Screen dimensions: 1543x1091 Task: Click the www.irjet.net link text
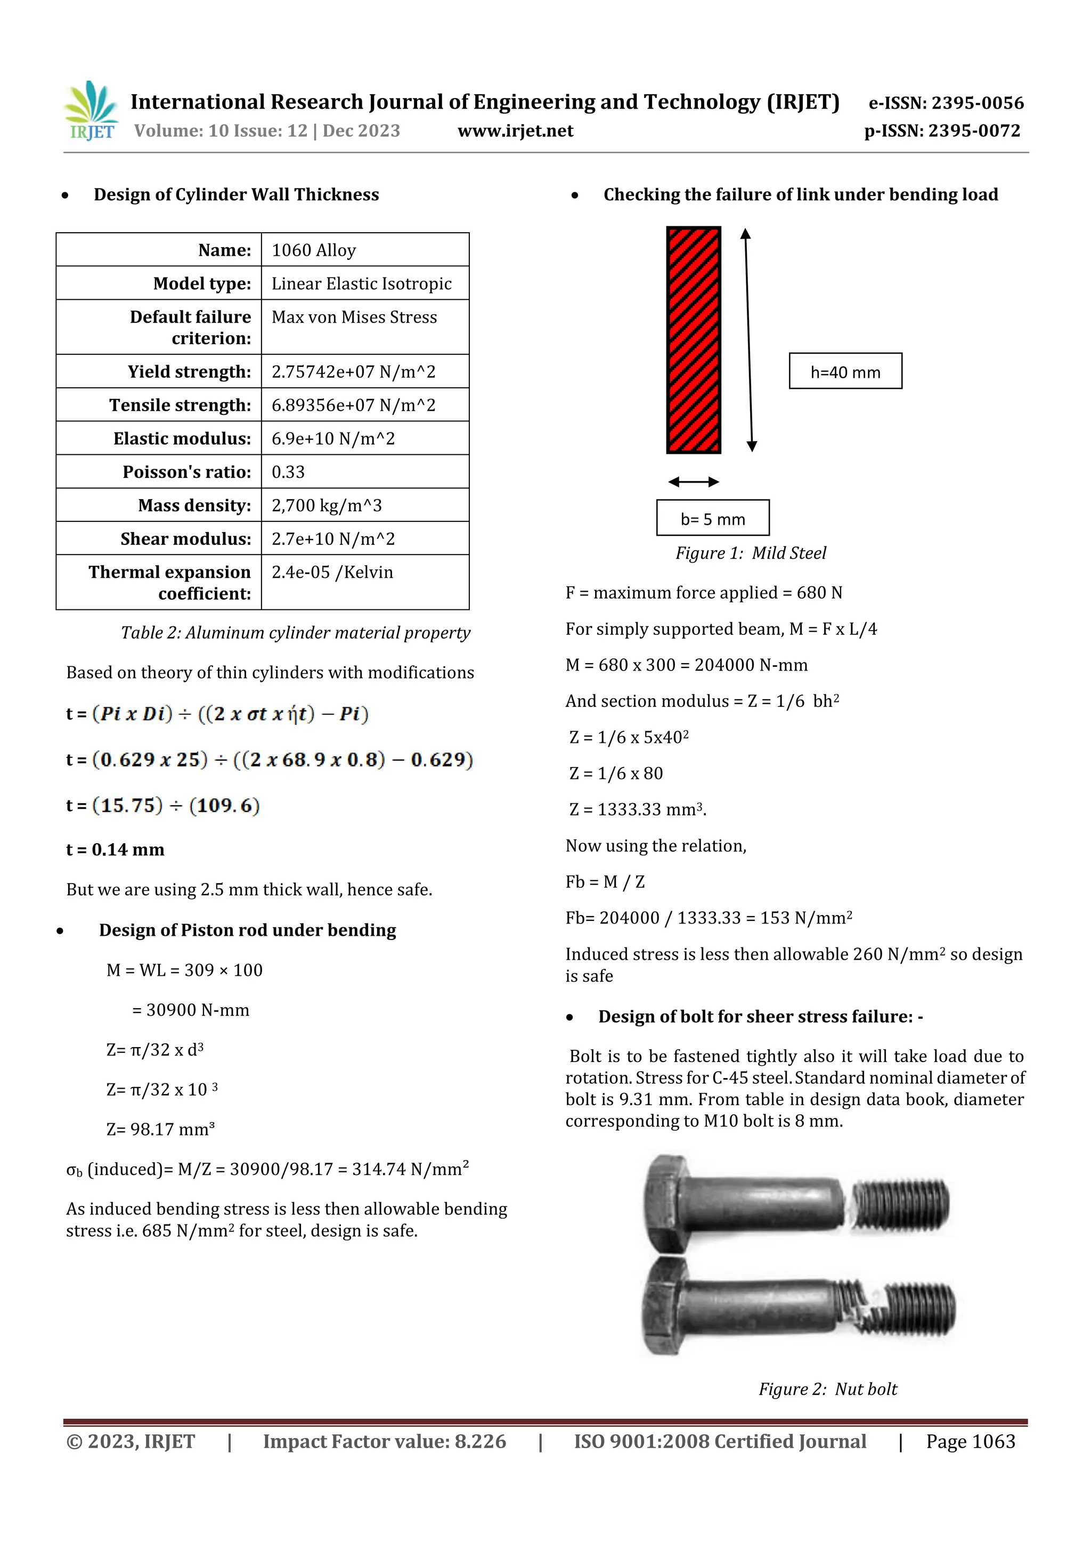515,131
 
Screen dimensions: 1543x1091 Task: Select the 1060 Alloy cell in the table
314,250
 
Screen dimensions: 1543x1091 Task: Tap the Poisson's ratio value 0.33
288,472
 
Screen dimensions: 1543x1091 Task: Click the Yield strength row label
189,372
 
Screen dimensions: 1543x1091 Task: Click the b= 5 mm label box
713,518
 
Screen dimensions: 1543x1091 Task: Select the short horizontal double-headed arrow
694,482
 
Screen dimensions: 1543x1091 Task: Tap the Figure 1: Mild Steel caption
750,553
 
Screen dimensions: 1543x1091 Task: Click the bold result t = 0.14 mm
115,850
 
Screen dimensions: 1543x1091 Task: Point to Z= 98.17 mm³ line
160,1129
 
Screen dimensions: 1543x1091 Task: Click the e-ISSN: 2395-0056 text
946,103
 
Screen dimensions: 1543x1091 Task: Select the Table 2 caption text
295,633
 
